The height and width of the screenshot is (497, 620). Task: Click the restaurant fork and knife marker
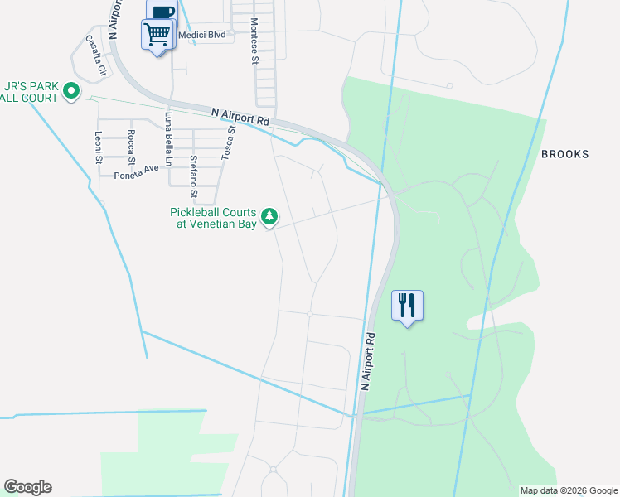407,306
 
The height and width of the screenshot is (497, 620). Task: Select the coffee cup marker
162,10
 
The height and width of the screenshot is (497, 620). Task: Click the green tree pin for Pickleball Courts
269,217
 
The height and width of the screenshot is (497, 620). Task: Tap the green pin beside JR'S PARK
71,91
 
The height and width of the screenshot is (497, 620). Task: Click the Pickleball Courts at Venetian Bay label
215,218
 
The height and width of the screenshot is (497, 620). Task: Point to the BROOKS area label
564,154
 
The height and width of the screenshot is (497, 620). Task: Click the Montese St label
254,41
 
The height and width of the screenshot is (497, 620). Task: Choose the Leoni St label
98,147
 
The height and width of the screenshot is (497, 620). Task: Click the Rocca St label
131,147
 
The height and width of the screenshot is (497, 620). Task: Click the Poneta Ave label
136,169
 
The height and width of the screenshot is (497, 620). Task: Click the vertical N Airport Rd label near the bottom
367,362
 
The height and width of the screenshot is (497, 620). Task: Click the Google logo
27,487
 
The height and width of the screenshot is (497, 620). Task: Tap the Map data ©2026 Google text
569,490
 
